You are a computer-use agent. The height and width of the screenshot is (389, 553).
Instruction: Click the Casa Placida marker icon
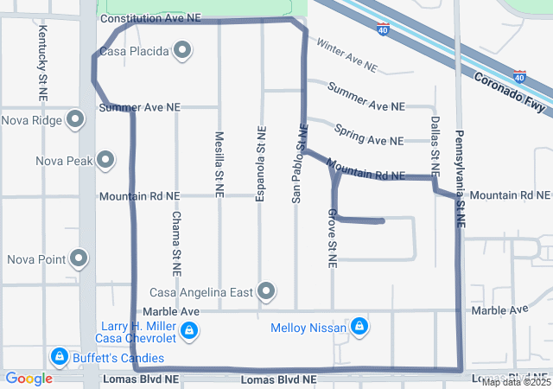point(182,51)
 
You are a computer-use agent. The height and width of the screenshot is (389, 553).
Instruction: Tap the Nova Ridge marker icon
point(76,120)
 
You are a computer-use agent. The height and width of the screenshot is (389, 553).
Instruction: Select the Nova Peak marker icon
point(105,160)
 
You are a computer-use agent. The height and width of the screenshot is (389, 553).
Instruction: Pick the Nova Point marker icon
point(79,258)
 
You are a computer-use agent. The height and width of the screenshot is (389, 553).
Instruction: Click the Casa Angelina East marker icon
point(266,292)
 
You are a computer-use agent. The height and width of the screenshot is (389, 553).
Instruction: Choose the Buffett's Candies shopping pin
point(60,355)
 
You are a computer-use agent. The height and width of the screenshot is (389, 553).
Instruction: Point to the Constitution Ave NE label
point(151,18)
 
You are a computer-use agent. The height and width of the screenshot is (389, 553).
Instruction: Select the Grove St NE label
point(331,236)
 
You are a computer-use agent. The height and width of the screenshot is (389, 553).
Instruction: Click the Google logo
point(29,379)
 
